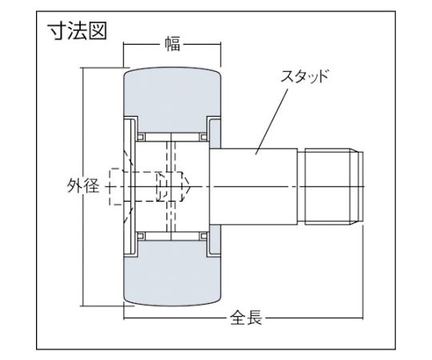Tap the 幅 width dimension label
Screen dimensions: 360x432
172,45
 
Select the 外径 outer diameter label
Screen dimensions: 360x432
83,190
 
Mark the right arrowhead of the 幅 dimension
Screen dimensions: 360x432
218,45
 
